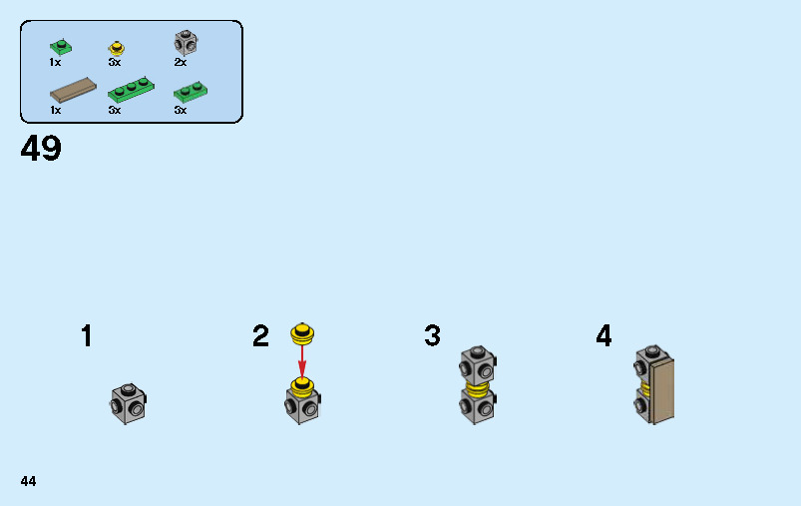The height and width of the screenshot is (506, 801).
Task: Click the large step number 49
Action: tap(41, 149)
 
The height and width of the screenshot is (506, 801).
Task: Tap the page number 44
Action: tap(28, 481)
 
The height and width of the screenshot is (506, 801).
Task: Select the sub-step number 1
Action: tap(87, 336)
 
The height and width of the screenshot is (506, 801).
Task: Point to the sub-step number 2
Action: tap(260, 336)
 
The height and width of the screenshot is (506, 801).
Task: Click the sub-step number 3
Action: tap(432, 336)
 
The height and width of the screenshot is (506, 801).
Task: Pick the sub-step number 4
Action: tap(603, 336)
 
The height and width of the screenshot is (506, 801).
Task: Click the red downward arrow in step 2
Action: tap(302, 362)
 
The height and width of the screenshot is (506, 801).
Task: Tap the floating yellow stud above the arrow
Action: tap(302, 333)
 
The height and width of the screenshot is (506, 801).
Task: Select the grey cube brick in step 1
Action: tap(129, 403)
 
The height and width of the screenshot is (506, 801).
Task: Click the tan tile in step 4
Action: tap(662, 391)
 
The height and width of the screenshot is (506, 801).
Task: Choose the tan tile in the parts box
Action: tap(73, 90)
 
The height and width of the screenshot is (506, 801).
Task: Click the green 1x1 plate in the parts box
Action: tap(61, 47)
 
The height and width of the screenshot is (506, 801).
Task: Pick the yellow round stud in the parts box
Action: tap(117, 48)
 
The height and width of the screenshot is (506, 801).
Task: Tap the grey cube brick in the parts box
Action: tap(186, 43)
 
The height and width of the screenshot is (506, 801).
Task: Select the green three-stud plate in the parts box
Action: tap(131, 90)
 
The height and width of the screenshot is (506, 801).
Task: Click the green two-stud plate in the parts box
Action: tap(191, 92)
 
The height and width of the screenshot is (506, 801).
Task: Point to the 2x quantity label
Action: tap(181, 62)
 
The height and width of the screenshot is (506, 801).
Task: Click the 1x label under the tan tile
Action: tap(55, 111)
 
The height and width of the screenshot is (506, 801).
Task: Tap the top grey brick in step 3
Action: tap(478, 364)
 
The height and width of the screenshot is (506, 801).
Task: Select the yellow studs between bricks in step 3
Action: tap(478, 389)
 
